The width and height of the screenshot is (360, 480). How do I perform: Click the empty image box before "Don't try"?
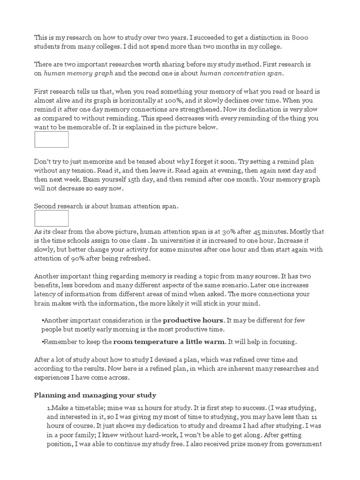tap(52, 139)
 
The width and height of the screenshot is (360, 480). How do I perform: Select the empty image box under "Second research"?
tap(52, 218)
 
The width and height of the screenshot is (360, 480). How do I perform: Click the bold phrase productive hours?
tap(192, 321)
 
